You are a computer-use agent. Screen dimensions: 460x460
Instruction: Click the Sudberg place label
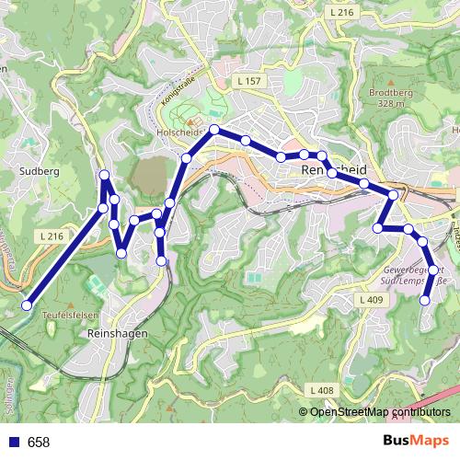(x=39, y=170)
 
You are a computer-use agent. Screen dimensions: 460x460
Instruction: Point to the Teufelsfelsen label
(x=64, y=314)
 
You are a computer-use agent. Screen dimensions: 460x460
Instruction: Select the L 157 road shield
(x=248, y=82)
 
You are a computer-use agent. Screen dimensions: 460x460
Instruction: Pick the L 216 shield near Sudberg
(x=52, y=236)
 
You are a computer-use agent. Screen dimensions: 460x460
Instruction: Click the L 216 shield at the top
(x=340, y=12)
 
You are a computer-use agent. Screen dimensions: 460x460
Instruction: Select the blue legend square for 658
(x=12, y=443)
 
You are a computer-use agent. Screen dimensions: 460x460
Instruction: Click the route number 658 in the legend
(x=39, y=443)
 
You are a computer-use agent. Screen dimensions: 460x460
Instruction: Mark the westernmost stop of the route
(x=28, y=305)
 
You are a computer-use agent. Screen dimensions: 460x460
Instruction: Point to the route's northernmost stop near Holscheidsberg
(x=213, y=130)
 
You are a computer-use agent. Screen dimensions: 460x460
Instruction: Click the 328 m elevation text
(x=390, y=104)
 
